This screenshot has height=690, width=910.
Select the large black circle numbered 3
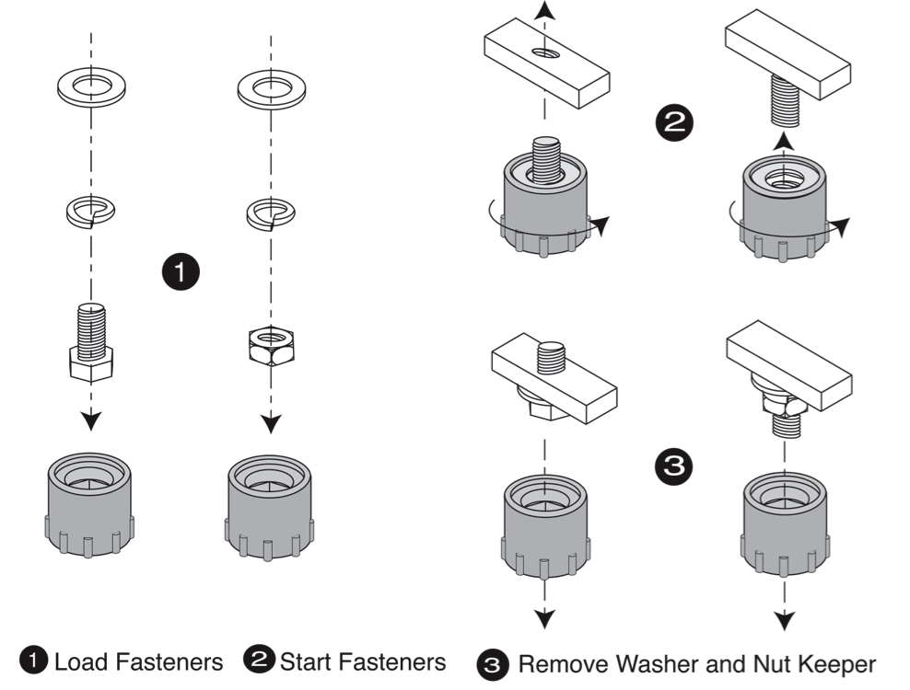(x=675, y=466)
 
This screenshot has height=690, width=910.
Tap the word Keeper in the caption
(x=834, y=662)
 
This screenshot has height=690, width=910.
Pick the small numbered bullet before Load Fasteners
(x=35, y=660)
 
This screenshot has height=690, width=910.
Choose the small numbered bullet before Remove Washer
(x=491, y=662)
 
